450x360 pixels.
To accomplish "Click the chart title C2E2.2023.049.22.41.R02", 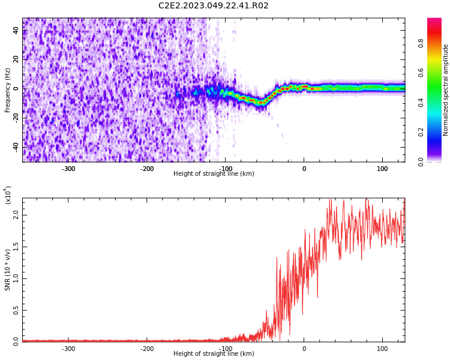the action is pyautogui.click(x=213, y=5).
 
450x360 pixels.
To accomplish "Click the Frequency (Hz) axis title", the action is pyautogui.click(x=7, y=90).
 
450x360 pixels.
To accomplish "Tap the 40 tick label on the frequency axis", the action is pyautogui.click(x=16, y=30).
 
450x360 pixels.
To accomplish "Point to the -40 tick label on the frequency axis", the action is pyautogui.click(x=16, y=147).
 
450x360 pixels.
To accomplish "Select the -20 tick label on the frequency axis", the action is pyautogui.click(x=16, y=118).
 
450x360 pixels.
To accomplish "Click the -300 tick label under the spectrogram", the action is pyautogui.click(x=68, y=169).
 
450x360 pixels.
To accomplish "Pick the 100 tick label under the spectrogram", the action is pyautogui.click(x=382, y=169).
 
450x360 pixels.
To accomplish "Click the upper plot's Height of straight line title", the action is pyautogui.click(x=214, y=173).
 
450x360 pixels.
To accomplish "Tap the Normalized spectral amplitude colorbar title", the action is pyautogui.click(x=445, y=90).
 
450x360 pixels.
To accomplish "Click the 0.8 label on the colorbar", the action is pyautogui.click(x=421, y=43).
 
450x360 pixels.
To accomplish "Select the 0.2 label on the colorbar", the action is pyautogui.click(x=421, y=132).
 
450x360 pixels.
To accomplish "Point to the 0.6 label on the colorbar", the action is pyautogui.click(x=421, y=73).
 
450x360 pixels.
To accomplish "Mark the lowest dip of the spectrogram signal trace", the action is pyautogui.click(x=261, y=103).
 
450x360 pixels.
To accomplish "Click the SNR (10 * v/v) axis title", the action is pyautogui.click(x=7, y=270).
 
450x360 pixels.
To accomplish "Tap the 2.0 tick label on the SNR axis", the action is pyautogui.click(x=16, y=215).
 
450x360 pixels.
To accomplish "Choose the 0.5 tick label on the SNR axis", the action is pyautogui.click(x=16, y=310).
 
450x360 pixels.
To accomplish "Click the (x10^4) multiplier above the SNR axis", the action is pyautogui.click(x=8, y=195).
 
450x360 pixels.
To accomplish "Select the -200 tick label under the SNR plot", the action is pyautogui.click(x=147, y=349).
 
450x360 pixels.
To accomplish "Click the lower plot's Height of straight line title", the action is pyautogui.click(x=214, y=353).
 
